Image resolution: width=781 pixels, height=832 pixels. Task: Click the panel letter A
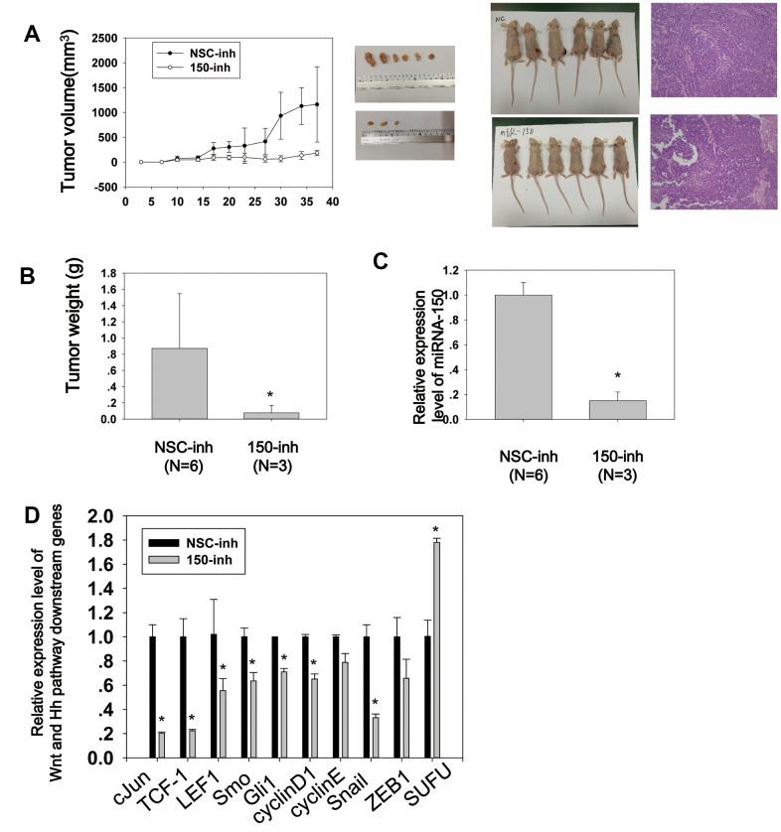coord(33,34)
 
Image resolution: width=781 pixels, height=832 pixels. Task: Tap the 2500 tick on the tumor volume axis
coord(100,38)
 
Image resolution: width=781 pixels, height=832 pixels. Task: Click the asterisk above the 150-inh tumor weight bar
coord(269,394)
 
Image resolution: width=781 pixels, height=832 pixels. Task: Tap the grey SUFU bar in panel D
coord(435,649)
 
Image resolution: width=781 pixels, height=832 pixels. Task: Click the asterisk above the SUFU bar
coord(435,528)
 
